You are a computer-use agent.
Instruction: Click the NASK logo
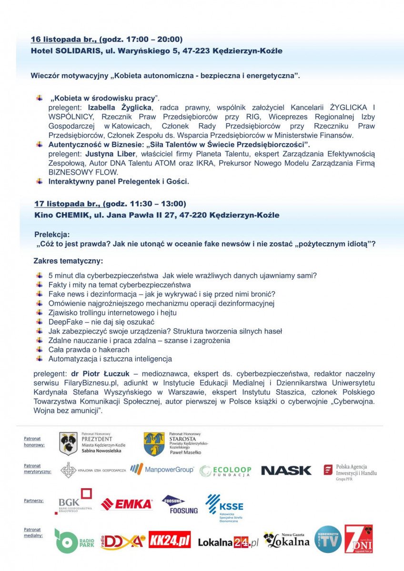(x=286, y=471)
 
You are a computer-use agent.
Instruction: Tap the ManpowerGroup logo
(x=162, y=470)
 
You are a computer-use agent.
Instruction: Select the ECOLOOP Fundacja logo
(x=225, y=471)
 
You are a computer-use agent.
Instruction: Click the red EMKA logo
(x=126, y=504)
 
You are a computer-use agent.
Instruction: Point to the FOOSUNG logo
(x=180, y=505)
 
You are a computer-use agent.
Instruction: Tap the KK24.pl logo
(x=170, y=540)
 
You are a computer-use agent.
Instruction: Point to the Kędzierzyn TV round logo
(x=328, y=539)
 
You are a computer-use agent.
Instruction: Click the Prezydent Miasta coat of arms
(x=68, y=443)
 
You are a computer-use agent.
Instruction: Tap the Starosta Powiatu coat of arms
(x=154, y=444)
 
